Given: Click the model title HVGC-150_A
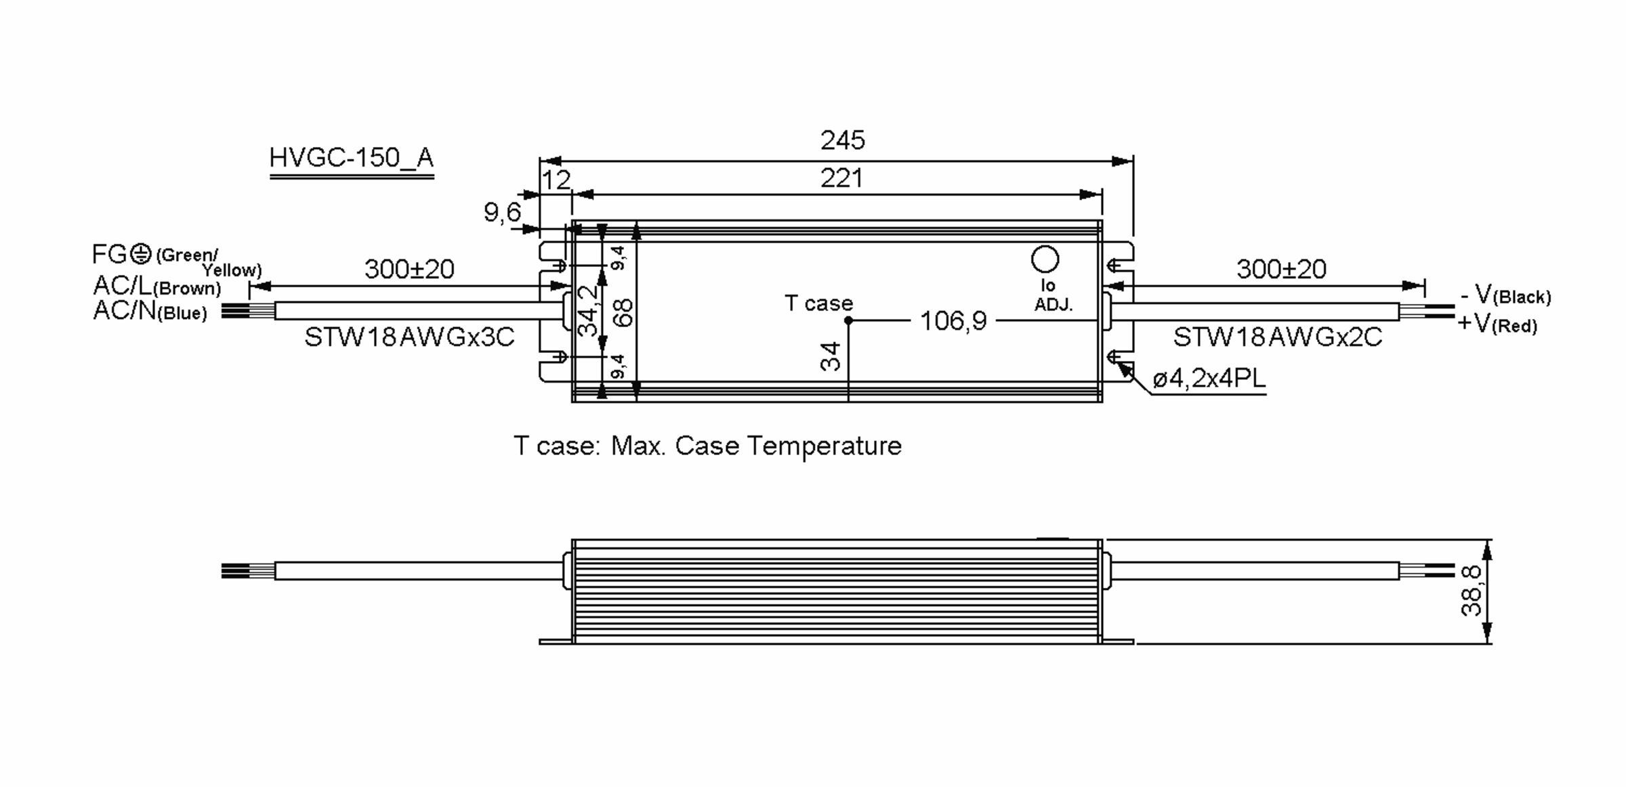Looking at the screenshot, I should tap(351, 158).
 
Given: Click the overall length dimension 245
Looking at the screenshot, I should tap(842, 140).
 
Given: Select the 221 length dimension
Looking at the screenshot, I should tap(841, 179).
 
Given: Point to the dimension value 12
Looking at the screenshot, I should tap(556, 180).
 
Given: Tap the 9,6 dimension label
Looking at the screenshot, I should tap(502, 213).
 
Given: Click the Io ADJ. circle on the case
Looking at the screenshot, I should tap(1045, 259).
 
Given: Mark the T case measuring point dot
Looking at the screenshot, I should tap(848, 320).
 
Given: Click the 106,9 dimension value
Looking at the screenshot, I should tap(953, 321).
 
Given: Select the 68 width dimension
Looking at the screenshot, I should tap(624, 312).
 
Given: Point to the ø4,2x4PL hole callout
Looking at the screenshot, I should tap(1209, 379).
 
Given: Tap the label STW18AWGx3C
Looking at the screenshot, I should tap(409, 337).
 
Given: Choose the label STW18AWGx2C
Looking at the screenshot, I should tap(1277, 337).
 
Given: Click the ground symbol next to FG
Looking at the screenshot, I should tap(140, 254).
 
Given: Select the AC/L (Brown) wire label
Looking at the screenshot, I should tap(157, 286).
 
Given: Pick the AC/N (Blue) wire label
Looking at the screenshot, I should tap(150, 311).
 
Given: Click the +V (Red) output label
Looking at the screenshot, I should tap(1497, 324).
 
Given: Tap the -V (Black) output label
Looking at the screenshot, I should tap(1505, 295).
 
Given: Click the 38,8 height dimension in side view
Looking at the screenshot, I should tap(1471, 591).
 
